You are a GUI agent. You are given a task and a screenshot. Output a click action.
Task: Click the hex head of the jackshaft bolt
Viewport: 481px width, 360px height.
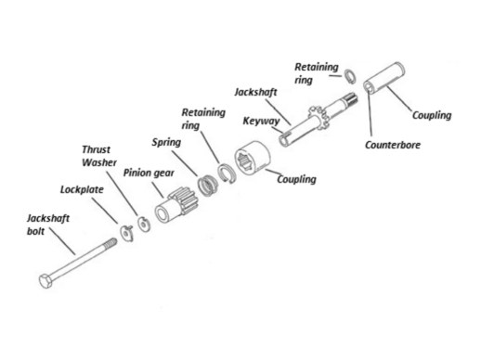(45, 280)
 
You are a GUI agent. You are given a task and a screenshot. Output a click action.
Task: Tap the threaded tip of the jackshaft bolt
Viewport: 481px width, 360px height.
(110, 243)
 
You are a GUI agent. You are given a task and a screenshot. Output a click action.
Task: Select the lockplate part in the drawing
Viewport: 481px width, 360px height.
(127, 233)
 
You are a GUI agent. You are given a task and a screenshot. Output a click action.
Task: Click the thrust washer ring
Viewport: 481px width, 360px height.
(144, 224)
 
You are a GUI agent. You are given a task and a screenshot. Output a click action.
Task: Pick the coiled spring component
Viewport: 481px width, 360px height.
(208, 186)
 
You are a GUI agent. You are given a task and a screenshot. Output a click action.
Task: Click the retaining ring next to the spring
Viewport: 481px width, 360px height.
(227, 174)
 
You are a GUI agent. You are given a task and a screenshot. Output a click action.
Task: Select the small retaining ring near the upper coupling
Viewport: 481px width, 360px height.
(350, 76)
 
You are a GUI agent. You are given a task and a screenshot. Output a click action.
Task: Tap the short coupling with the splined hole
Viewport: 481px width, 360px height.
(253, 158)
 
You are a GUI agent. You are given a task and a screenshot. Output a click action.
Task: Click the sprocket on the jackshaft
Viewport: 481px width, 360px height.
(318, 119)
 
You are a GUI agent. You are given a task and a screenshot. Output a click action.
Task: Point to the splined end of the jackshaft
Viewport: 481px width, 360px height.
(351, 99)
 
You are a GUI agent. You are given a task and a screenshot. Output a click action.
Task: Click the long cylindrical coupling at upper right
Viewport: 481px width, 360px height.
(383, 79)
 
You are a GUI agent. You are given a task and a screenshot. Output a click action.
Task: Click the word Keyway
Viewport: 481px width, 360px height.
(261, 121)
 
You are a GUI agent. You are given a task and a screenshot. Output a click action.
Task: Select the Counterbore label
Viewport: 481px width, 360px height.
(393, 145)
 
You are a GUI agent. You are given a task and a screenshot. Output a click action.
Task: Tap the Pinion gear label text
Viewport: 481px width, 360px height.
(149, 173)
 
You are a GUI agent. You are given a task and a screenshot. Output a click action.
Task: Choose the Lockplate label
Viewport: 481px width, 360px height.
(82, 189)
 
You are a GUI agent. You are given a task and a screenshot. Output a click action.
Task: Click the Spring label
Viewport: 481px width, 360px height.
(166, 143)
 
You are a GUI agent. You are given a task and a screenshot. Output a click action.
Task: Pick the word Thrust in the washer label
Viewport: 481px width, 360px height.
(96, 149)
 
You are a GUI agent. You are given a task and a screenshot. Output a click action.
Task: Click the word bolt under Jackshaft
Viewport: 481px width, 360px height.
(35, 231)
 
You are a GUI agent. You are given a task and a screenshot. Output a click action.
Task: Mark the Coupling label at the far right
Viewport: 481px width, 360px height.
(432, 115)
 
